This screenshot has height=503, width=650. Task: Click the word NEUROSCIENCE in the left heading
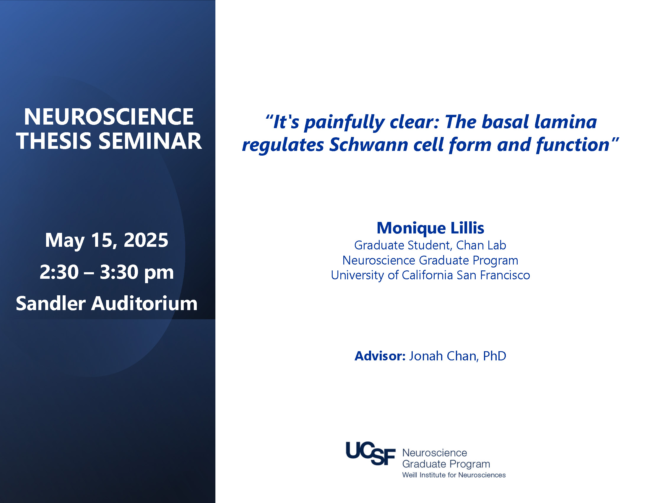click(x=109, y=117)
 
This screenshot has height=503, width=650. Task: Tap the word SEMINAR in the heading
click(x=150, y=141)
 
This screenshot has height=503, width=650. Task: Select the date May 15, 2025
click(x=107, y=240)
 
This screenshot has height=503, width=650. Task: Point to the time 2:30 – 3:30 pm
click(x=107, y=272)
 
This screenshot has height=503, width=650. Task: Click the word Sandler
click(x=51, y=303)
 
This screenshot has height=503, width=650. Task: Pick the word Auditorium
click(x=144, y=303)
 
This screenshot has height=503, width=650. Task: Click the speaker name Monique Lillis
click(x=430, y=228)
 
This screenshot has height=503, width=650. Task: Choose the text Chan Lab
click(x=481, y=245)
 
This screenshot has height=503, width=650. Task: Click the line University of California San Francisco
click(x=430, y=275)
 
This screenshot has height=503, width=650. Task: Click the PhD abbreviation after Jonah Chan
click(x=494, y=356)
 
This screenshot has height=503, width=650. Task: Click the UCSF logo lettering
click(x=370, y=453)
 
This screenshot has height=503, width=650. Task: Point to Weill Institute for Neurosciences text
click(x=454, y=475)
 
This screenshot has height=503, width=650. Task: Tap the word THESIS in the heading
click(x=53, y=141)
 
